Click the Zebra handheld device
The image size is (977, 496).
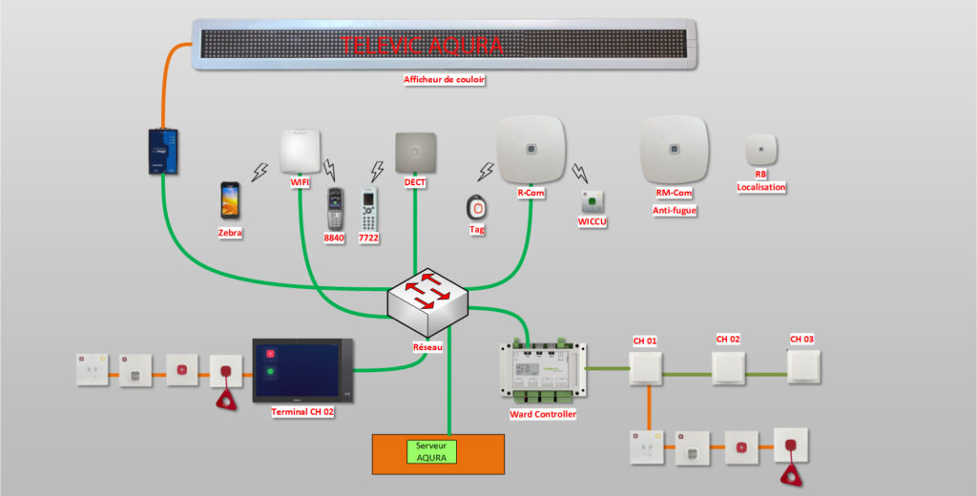[230, 199]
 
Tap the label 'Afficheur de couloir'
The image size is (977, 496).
[444, 80]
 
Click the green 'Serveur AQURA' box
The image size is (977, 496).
[432, 452]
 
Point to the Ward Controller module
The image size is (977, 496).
[543, 372]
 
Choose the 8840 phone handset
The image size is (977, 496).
[335, 208]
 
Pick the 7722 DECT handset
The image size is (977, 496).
[368, 209]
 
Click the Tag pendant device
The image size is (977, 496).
[477, 206]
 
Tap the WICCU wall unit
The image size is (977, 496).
[592, 202]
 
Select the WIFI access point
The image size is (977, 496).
[301, 151]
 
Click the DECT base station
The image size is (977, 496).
[416, 152]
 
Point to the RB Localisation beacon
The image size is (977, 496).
[760, 150]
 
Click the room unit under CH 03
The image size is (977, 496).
[803, 367]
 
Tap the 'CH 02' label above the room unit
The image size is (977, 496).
[728, 339]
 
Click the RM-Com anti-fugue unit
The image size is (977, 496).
[675, 150]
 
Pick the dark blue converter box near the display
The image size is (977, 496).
[162, 152]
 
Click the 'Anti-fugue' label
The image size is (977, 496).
[675, 211]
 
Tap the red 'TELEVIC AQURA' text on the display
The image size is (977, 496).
[421, 46]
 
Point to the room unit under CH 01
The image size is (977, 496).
[645, 368]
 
